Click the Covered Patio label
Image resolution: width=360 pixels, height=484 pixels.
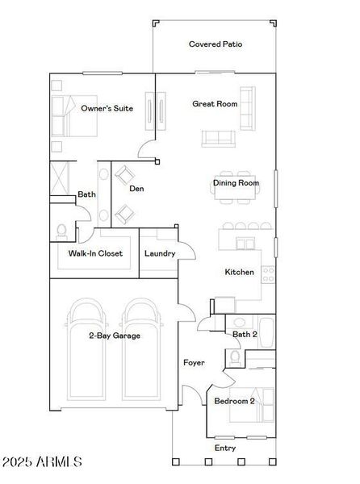tap(216, 44)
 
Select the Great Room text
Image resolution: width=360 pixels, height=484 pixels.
tap(215, 103)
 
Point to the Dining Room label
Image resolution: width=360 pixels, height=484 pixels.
tap(237, 183)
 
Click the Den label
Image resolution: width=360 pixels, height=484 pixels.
tap(136, 189)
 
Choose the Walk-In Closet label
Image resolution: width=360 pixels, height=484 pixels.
tap(95, 253)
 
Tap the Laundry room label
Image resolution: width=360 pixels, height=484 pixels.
tap(160, 253)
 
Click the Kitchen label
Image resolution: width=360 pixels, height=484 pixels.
tap(240, 273)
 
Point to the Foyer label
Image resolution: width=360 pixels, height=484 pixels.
tap(193, 362)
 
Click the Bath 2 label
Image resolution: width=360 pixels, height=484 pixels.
tap(245, 334)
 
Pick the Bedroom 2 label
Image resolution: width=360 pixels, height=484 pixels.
tap(234, 401)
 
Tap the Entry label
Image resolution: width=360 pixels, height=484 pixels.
tap(225, 448)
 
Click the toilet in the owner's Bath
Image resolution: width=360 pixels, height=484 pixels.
tap(62, 231)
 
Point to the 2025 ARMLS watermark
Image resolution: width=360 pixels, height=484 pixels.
tap(42, 463)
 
